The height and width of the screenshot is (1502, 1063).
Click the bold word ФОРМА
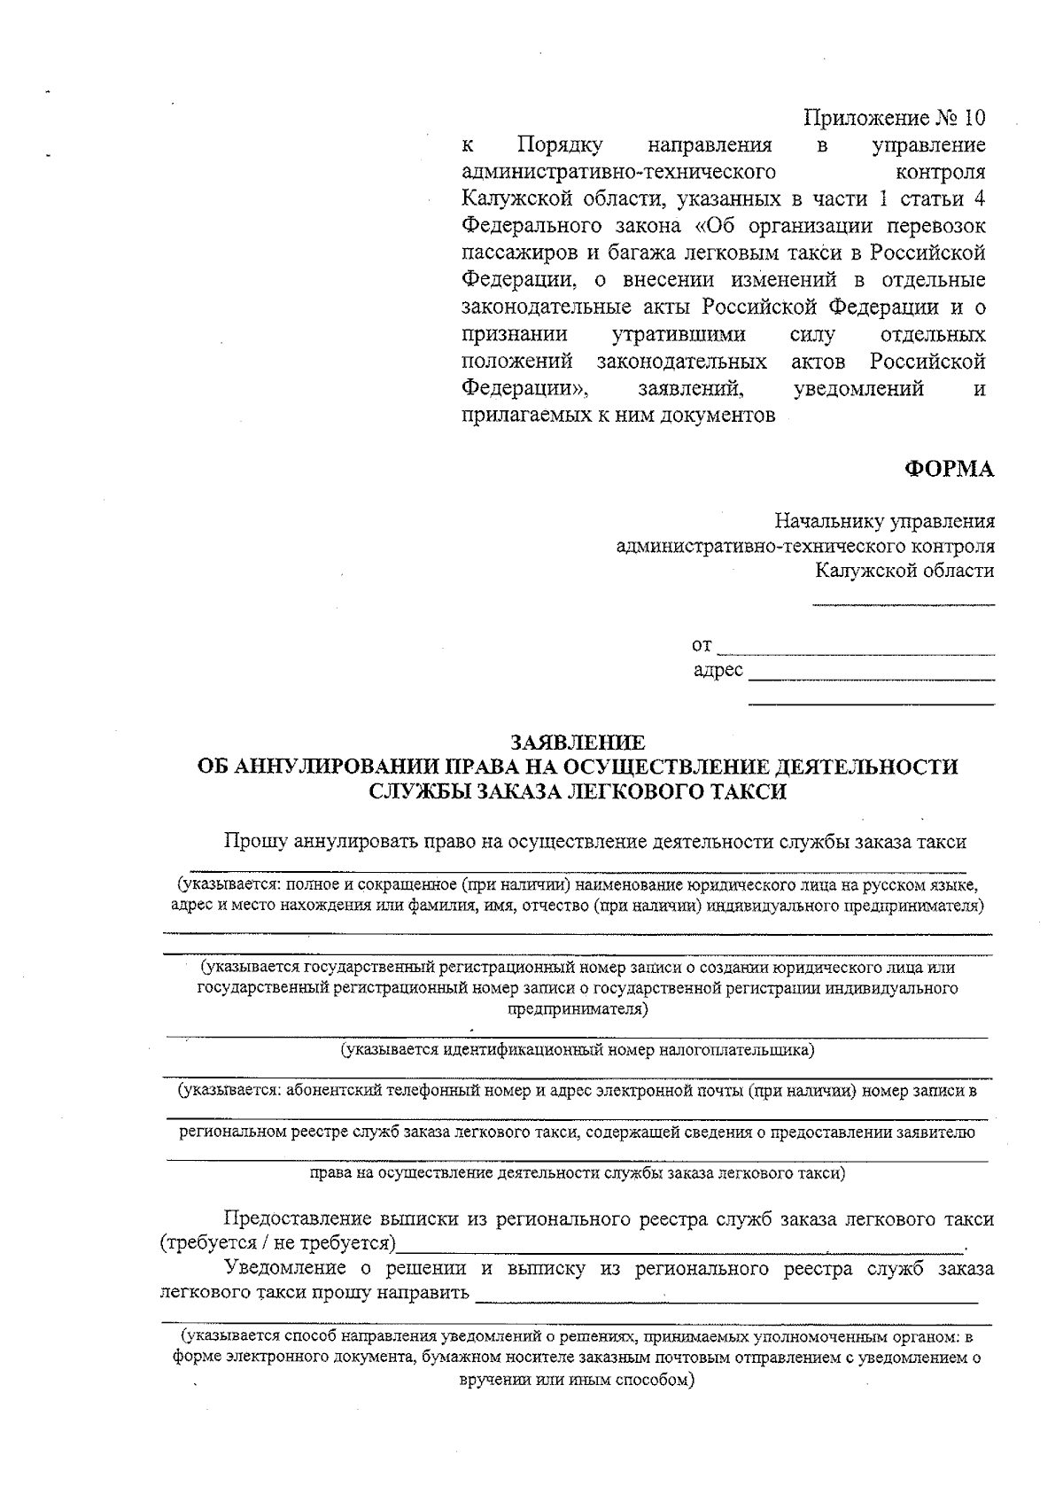coord(949,470)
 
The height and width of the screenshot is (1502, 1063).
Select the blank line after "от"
coord(855,653)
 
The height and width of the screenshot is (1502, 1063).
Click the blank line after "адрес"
coord(871,679)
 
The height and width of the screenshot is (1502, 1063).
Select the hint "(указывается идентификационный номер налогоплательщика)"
coord(578,1050)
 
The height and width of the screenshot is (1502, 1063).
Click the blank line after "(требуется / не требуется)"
coord(678,1248)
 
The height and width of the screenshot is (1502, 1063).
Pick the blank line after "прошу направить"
coord(726,1301)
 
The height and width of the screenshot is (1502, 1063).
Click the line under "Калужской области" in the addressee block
coord(904,605)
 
